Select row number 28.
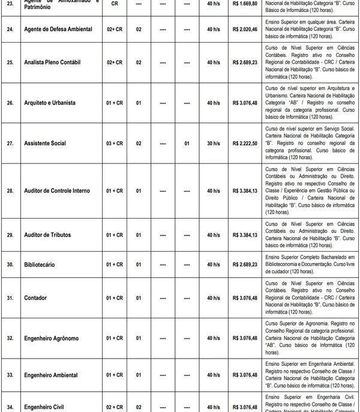pos(10,191)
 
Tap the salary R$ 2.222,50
pos(244,144)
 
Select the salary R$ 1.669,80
pos(244,3)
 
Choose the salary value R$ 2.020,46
pos(244,28)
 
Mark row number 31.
pos(10,298)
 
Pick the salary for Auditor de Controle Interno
pos(244,191)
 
